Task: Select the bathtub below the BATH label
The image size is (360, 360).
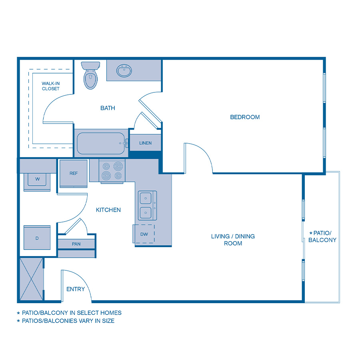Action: click(x=101, y=143)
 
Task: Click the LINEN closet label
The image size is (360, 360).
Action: click(x=145, y=143)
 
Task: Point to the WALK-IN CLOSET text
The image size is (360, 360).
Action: click(x=51, y=86)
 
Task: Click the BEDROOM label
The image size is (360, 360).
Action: click(x=245, y=117)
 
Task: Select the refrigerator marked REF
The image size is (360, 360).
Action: click(x=74, y=173)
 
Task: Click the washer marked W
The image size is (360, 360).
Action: click(x=37, y=180)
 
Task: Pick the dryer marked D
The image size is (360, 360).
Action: click(x=37, y=239)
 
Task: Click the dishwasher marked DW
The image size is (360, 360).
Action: click(x=144, y=234)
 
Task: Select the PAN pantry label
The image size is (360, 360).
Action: click(x=76, y=243)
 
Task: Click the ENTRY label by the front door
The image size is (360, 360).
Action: click(x=76, y=289)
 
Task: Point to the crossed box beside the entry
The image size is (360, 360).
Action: click(x=31, y=279)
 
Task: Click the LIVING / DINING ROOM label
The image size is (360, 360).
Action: click(x=233, y=240)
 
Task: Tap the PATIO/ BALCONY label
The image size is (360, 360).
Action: click(x=322, y=236)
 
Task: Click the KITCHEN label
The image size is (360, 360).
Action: click(x=108, y=210)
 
